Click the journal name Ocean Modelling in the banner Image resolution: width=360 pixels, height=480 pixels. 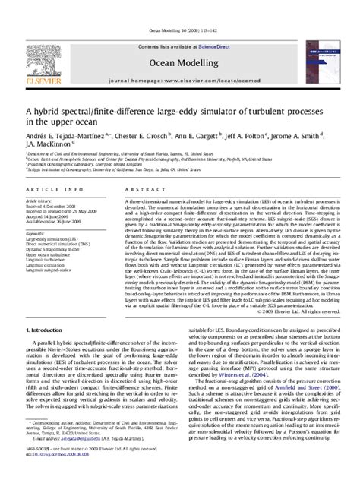179,40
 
